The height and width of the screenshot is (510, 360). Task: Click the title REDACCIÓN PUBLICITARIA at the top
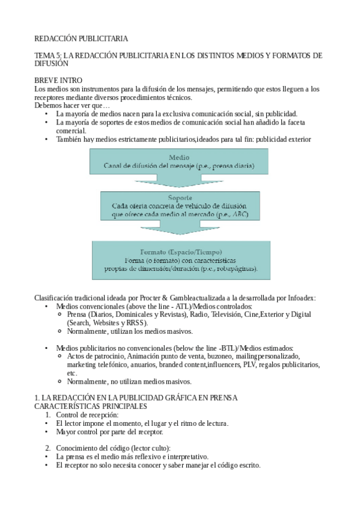81,38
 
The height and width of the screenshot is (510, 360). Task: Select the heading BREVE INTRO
58,81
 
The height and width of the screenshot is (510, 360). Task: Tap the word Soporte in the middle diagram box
181,197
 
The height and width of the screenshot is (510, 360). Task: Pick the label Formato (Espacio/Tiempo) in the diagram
181,251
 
